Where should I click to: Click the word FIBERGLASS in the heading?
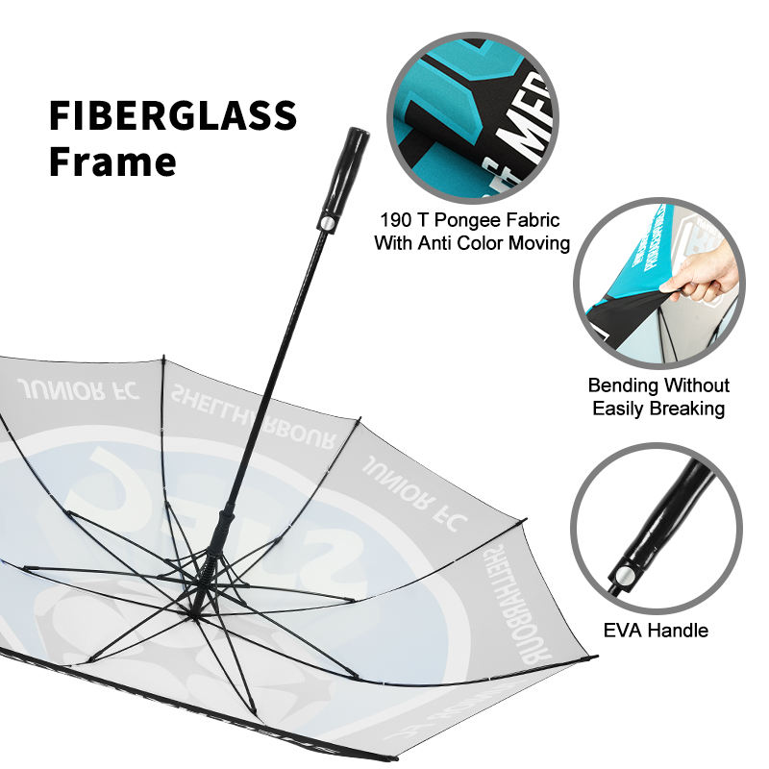tap(173, 116)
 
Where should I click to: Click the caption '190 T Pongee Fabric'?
tap(470, 221)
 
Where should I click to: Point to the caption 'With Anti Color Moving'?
tap(472, 243)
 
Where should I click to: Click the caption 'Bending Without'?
tap(658, 385)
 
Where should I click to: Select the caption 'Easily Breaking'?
tap(658, 409)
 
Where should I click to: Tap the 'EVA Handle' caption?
tap(657, 631)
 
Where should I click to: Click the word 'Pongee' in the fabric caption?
tap(478, 221)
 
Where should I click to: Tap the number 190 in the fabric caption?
tap(397, 221)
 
